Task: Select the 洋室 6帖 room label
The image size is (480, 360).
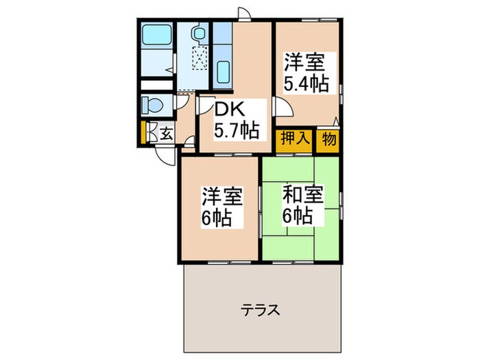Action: tap(221, 207)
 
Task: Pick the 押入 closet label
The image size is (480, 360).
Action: tap(293, 138)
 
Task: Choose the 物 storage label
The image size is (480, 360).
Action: tap(328, 138)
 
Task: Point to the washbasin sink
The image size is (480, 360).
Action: tap(198, 33)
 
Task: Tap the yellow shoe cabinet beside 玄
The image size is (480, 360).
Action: tap(143, 132)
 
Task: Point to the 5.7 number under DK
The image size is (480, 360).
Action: tap(230, 130)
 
